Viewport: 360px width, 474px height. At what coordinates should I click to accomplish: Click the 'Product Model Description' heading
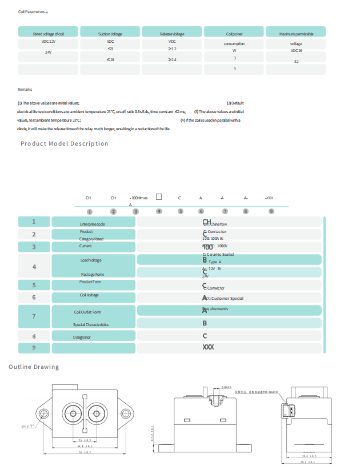pos(64,143)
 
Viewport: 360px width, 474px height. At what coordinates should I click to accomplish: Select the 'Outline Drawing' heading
pos(34,367)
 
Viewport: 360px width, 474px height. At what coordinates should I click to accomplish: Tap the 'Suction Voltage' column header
pos(110,34)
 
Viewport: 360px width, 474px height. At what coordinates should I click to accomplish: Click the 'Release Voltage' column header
pos(172,34)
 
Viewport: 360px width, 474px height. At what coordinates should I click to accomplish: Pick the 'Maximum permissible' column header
pos(296,34)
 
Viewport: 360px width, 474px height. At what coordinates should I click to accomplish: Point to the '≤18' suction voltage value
pos(110,59)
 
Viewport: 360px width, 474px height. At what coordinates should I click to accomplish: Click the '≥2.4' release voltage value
pos(172,59)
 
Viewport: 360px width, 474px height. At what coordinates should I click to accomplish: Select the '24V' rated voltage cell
pos(49,52)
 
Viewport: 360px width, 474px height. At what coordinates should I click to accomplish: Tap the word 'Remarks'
pos(25,90)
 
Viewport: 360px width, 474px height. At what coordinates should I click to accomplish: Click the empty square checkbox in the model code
pos(159,197)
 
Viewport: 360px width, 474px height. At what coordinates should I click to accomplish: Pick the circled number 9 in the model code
pos(271,211)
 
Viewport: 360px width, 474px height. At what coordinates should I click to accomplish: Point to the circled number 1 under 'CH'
pos(88,211)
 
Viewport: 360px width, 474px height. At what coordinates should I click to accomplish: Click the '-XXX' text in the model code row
pos(270,198)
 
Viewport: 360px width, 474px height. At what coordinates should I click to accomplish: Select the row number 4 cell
pos(34,267)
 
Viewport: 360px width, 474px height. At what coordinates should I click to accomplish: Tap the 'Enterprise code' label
pos(92,224)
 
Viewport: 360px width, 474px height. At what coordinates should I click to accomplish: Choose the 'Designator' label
pos(82,338)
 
